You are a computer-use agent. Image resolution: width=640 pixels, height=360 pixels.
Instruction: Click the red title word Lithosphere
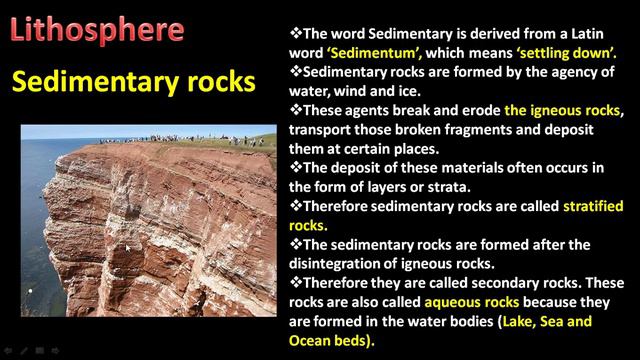[x=97, y=29]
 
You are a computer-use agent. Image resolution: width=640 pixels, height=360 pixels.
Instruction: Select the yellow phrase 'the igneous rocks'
[x=563, y=109]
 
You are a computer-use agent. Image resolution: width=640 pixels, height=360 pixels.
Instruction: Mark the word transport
[x=319, y=128]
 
